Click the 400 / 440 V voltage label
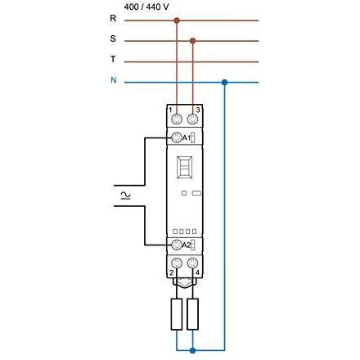[146, 7]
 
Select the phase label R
[113, 18]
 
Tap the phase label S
[113, 38]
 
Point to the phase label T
[113, 59]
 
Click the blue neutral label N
[114, 80]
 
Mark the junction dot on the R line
[177, 20]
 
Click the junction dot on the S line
[193, 41]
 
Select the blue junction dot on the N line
[224, 82]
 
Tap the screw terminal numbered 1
[177, 119]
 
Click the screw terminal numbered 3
[193, 119]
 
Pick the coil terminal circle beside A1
[177, 137]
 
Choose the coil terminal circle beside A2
[177, 245]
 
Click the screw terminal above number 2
[177, 263]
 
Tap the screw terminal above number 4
[193, 263]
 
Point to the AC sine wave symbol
[125, 196]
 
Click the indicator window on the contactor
[185, 168]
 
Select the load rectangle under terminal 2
[177, 314]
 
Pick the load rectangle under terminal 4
[193, 314]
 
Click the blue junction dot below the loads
[193, 350]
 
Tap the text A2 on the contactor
[187, 245]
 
